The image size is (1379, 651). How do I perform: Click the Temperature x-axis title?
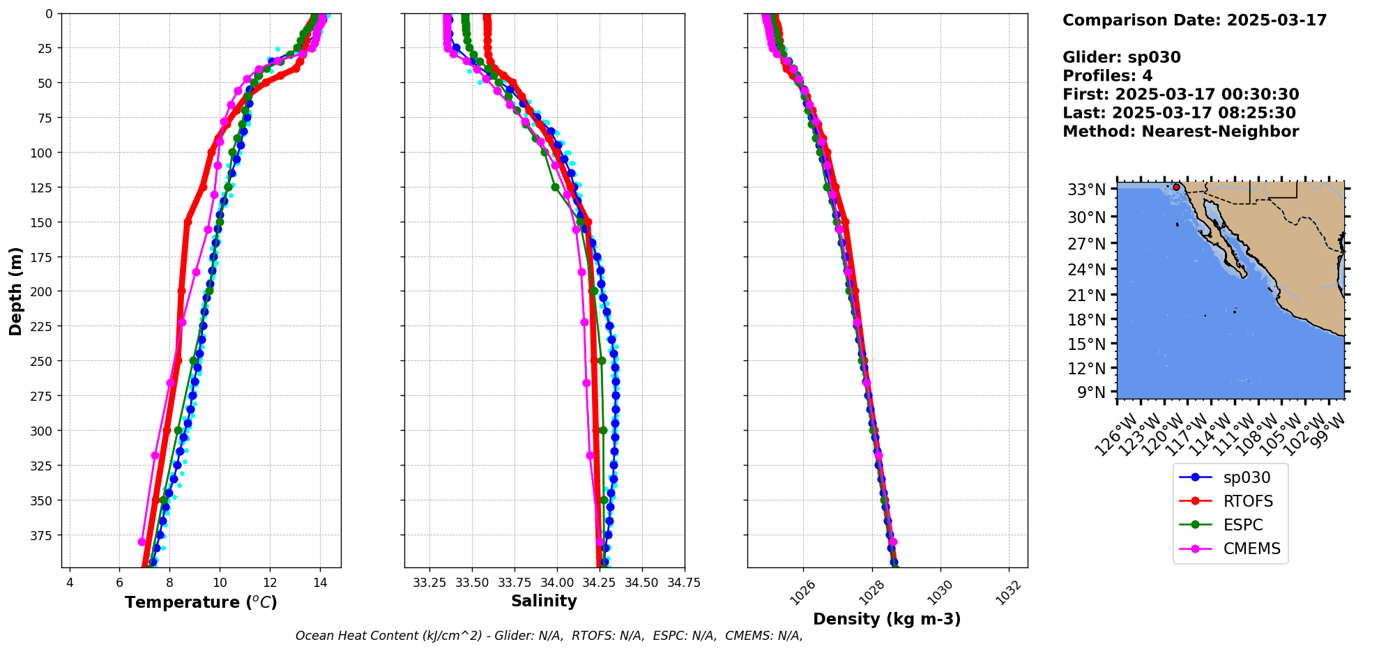coord(201,602)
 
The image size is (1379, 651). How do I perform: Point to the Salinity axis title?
coord(544,601)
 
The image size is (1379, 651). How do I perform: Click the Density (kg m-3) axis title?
coord(887,619)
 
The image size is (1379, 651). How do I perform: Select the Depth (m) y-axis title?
coord(15,291)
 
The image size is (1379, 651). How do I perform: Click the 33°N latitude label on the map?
coord(1087,190)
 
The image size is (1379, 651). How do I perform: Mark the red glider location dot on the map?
coord(1176,187)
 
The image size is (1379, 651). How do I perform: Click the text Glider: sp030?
coord(1121,57)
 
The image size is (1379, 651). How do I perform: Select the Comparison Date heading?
coord(1194,20)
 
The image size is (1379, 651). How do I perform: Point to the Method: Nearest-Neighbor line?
coord(1180,132)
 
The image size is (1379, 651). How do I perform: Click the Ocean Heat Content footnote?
coord(549,636)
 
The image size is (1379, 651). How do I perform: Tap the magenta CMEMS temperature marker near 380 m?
coord(142,542)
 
